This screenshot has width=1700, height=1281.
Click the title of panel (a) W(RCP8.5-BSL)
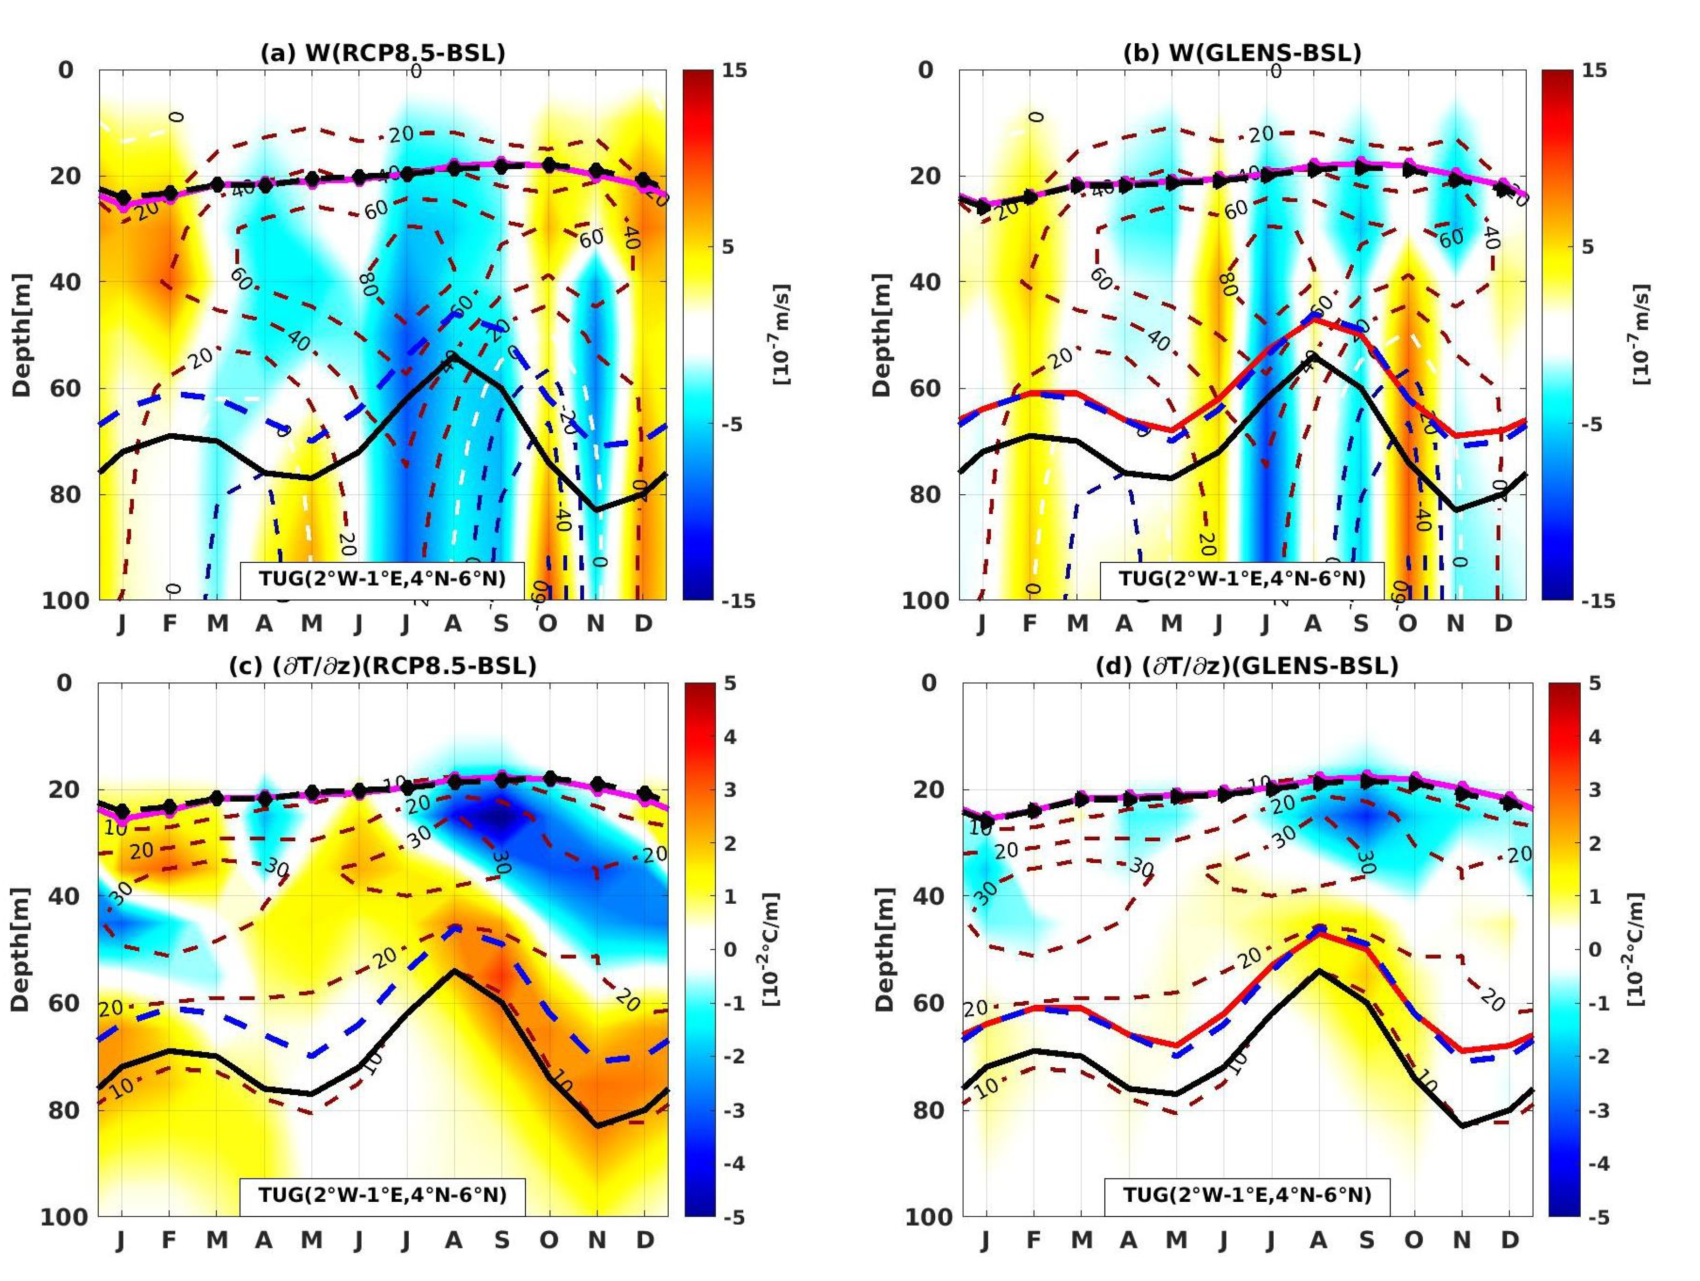[x=383, y=53]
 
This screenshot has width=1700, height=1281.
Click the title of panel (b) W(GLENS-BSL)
[x=1242, y=53]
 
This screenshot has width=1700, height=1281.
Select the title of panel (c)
[x=383, y=666]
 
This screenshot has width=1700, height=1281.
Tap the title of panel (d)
[x=1247, y=666]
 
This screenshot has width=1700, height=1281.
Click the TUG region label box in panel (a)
[x=383, y=579]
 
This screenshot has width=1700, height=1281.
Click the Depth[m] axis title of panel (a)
[x=21, y=335]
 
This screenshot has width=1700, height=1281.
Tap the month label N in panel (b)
[x=1455, y=623]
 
